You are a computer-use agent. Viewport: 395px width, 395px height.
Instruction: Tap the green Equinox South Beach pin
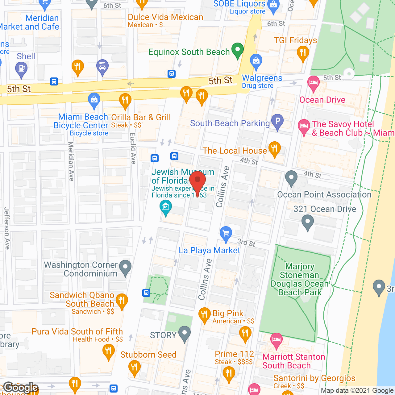click(237, 50)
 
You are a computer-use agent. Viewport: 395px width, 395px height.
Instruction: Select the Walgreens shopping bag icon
click(256, 61)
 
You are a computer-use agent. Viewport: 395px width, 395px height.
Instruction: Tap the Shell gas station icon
click(21, 69)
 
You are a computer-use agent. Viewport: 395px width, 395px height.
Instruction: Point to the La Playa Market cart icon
click(226, 234)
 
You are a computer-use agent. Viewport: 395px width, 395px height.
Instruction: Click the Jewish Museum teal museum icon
click(166, 207)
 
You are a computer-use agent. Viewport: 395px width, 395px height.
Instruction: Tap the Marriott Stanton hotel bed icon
click(276, 340)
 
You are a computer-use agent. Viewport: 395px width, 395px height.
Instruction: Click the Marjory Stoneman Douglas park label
click(300, 279)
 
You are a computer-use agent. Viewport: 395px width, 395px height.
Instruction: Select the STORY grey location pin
click(185, 333)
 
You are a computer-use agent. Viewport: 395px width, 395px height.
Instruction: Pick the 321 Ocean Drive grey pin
click(307, 222)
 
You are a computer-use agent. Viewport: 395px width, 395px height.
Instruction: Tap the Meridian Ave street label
click(71, 161)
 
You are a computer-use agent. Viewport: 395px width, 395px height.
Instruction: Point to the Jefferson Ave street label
click(7, 228)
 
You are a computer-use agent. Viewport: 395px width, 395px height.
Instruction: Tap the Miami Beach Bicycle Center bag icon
click(94, 100)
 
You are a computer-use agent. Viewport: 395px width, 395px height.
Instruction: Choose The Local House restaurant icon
click(274, 149)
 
